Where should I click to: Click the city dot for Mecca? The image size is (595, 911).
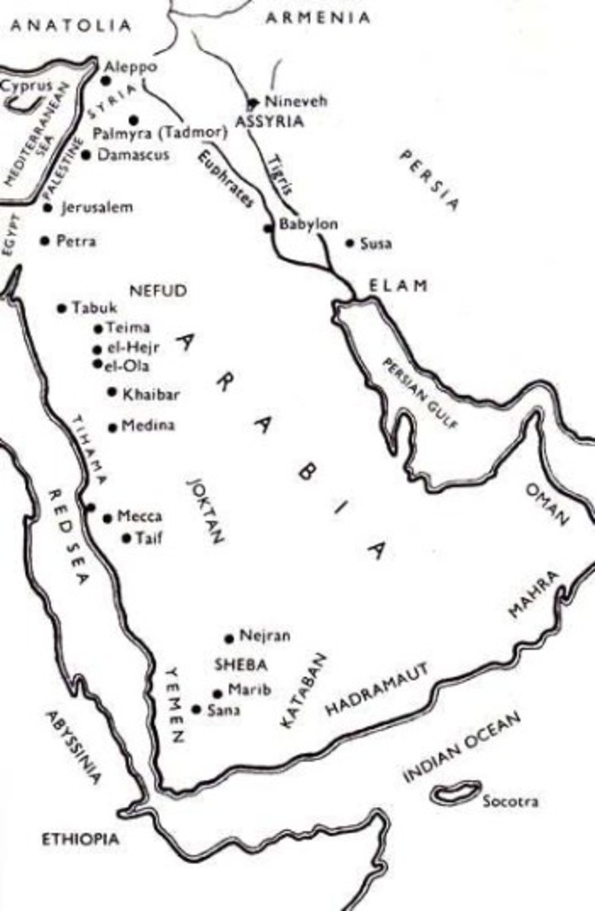(x=107, y=518)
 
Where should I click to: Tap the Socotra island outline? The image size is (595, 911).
(x=455, y=793)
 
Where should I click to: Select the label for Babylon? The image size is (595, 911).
(x=309, y=225)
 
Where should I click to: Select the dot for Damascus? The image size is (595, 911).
(x=86, y=155)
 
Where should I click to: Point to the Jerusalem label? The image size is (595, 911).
(x=96, y=207)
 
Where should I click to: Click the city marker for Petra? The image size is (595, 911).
(x=45, y=241)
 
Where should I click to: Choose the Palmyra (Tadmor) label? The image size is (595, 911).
(x=160, y=133)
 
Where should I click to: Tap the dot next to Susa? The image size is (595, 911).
(x=350, y=243)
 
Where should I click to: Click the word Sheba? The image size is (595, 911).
(x=241, y=665)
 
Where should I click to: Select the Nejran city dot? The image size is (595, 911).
(x=229, y=638)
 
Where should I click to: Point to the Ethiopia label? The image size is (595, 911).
(x=80, y=839)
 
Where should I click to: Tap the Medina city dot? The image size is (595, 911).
(x=113, y=427)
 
